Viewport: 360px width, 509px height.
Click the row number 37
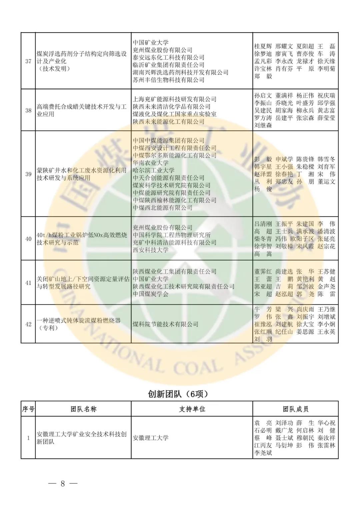(28, 61)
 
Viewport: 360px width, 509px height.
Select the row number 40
(28, 239)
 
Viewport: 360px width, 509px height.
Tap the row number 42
(28, 324)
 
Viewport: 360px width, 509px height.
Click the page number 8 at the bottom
(62, 484)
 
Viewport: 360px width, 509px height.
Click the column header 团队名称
(83, 409)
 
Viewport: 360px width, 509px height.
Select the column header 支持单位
(192, 409)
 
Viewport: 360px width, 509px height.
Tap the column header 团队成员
(295, 409)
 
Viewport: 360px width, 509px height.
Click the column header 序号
(28, 409)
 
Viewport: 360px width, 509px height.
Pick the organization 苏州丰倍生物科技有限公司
(168, 80)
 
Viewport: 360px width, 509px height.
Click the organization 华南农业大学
(151, 163)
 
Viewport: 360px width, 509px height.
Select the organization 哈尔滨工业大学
(154, 170)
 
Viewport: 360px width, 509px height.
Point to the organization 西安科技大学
(151, 250)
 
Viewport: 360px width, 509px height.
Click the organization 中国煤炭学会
(151, 294)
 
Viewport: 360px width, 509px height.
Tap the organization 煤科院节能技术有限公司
(165, 324)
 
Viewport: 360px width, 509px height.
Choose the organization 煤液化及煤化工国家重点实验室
(174, 114)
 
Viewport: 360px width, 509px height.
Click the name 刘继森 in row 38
(263, 125)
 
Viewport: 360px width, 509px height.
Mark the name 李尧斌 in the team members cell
(263, 453)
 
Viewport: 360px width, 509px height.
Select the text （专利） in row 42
(47, 328)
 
